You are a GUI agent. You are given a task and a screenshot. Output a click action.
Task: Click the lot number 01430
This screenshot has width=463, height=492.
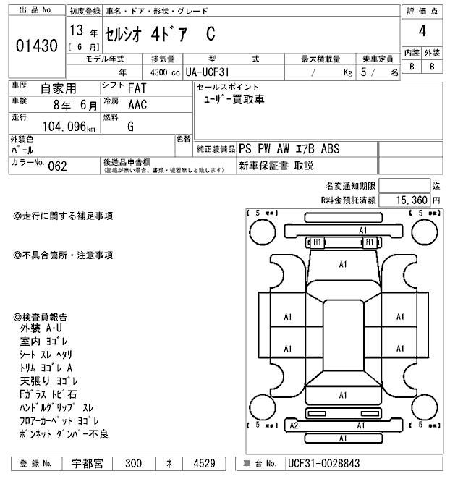pyautogui.click(x=36, y=46)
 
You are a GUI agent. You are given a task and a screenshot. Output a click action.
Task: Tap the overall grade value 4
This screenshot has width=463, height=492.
pyautogui.click(x=422, y=31)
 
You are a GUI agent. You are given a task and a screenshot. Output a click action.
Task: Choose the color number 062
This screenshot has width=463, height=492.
pyautogui.click(x=57, y=166)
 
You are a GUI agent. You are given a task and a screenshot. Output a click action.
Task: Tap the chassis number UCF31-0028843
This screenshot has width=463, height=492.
pyautogui.click(x=323, y=463)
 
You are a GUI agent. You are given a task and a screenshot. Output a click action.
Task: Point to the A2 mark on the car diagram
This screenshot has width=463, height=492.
pyautogui.click(x=294, y=425)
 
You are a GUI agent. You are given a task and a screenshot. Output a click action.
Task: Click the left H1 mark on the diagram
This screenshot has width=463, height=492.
pyautogui.click(x=317, y=242)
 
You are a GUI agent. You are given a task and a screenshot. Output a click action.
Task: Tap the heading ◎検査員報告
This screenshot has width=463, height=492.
pyautogui.click(x=41, y=317)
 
